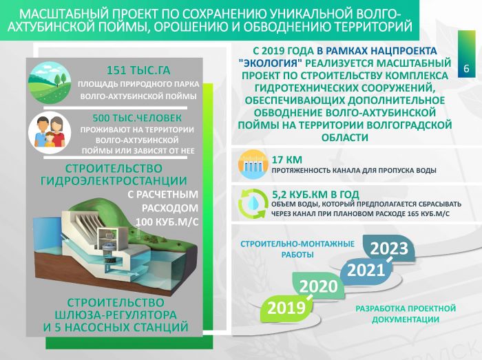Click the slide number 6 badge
(x=467, y=54)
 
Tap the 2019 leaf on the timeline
(x=286, y=308)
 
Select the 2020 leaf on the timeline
(x=318, y=286)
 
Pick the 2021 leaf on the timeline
(x=366, y=271)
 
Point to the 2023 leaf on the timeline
(x=389, y=248)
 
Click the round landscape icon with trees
(x=50, y=83)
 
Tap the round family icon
(x=50, y=133)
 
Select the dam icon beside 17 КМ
(x=253, y=165)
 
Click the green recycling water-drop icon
(x=253, y=204)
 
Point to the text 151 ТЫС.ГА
(x=138, y=70)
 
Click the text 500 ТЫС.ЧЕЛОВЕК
(x=137, y=118)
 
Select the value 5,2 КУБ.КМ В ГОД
(x=315, y=194)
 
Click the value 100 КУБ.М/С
(x=167, y=222)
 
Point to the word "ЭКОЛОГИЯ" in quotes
(x=271, y=63)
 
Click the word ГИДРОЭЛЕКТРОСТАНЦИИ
(x=114, y=180)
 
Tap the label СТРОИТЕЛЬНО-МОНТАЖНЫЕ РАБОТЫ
(x=297, y=249)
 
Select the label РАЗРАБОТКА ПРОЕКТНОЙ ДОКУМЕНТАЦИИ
(x=406, y=314)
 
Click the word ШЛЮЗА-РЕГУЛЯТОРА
(x=116, y=315)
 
